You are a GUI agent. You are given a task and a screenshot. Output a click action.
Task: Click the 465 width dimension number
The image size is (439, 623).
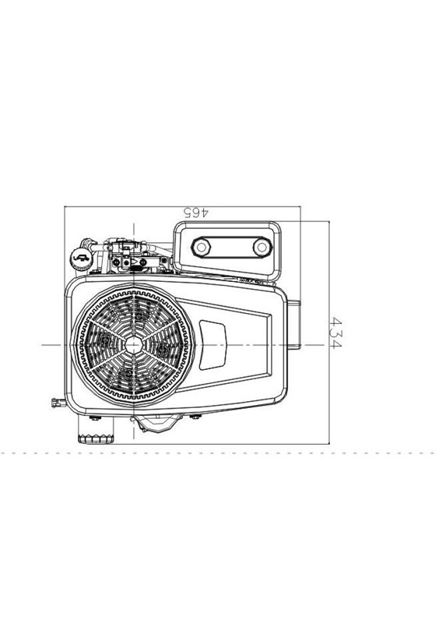(x=195, y=212)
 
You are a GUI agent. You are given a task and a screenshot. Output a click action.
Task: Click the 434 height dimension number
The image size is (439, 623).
(x=335, y=333)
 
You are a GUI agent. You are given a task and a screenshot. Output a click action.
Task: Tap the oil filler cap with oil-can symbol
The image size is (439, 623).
(x=82, y=259)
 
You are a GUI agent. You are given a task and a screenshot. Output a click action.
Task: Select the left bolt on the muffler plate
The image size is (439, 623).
(x=201, y=247)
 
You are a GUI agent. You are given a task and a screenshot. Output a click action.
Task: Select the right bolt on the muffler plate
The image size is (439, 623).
(x=262, y=248)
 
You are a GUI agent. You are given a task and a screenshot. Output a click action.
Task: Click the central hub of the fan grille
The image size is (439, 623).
(x=133, y=345)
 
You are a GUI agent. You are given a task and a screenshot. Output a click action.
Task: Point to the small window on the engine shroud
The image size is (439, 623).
(x=212, y=344)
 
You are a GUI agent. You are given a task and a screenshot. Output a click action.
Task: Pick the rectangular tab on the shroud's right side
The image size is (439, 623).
(x=294, y=324)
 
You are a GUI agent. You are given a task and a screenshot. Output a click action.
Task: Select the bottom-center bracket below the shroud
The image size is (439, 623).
(x=157, y=424)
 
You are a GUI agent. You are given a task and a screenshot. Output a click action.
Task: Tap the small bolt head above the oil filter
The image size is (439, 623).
(x=95, y=417)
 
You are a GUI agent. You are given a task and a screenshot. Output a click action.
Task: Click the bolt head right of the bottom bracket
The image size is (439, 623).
(x=195, y=417)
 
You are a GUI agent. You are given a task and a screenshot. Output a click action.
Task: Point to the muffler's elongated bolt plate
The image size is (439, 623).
(x=232, y=248)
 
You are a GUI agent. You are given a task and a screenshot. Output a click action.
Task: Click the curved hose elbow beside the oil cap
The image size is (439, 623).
(x=88, y=243)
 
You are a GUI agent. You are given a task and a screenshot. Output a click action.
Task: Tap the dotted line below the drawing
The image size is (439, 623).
(x=219, y=453)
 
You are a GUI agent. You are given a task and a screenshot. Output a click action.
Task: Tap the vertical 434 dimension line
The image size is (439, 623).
(x=329, y=333)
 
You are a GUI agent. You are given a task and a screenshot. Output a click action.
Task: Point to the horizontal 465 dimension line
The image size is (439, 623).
(x=182, y=206)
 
